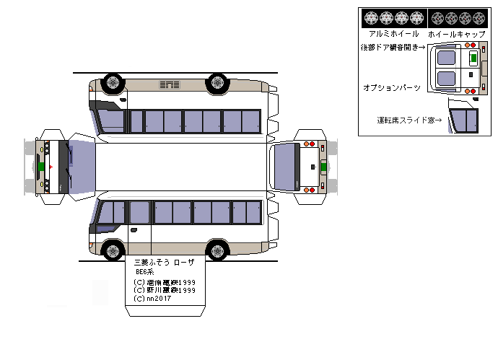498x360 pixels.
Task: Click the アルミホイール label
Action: [x=393, y=34]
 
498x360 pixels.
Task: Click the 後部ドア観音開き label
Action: [x=393, y=48]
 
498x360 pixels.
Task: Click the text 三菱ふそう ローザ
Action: [x=165, y=262]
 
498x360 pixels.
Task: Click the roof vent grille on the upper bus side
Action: [x=170, y=86]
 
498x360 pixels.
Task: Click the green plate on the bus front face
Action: [x=42, y=167]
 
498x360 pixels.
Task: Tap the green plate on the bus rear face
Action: [x=323, y=167]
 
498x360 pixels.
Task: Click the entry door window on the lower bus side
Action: [x=139, y=212]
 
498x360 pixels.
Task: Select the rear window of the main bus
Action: [x=286, y=167]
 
